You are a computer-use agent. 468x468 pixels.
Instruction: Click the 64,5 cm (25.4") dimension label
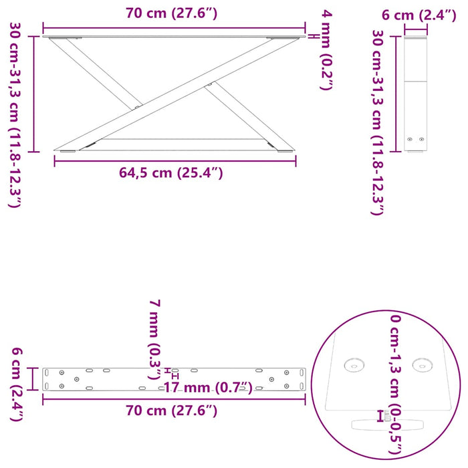pos(170,174)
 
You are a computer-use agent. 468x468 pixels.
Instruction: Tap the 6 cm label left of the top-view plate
pos(14,385)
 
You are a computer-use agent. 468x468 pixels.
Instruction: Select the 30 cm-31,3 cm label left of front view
pos(14,114)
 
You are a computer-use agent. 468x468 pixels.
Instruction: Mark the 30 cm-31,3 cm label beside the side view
pos(378,122)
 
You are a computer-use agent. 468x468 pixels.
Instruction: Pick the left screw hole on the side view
pos(410,139)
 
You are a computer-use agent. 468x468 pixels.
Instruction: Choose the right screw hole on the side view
pos(421,139)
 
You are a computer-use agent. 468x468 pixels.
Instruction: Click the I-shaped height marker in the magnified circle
pos(380,417)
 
